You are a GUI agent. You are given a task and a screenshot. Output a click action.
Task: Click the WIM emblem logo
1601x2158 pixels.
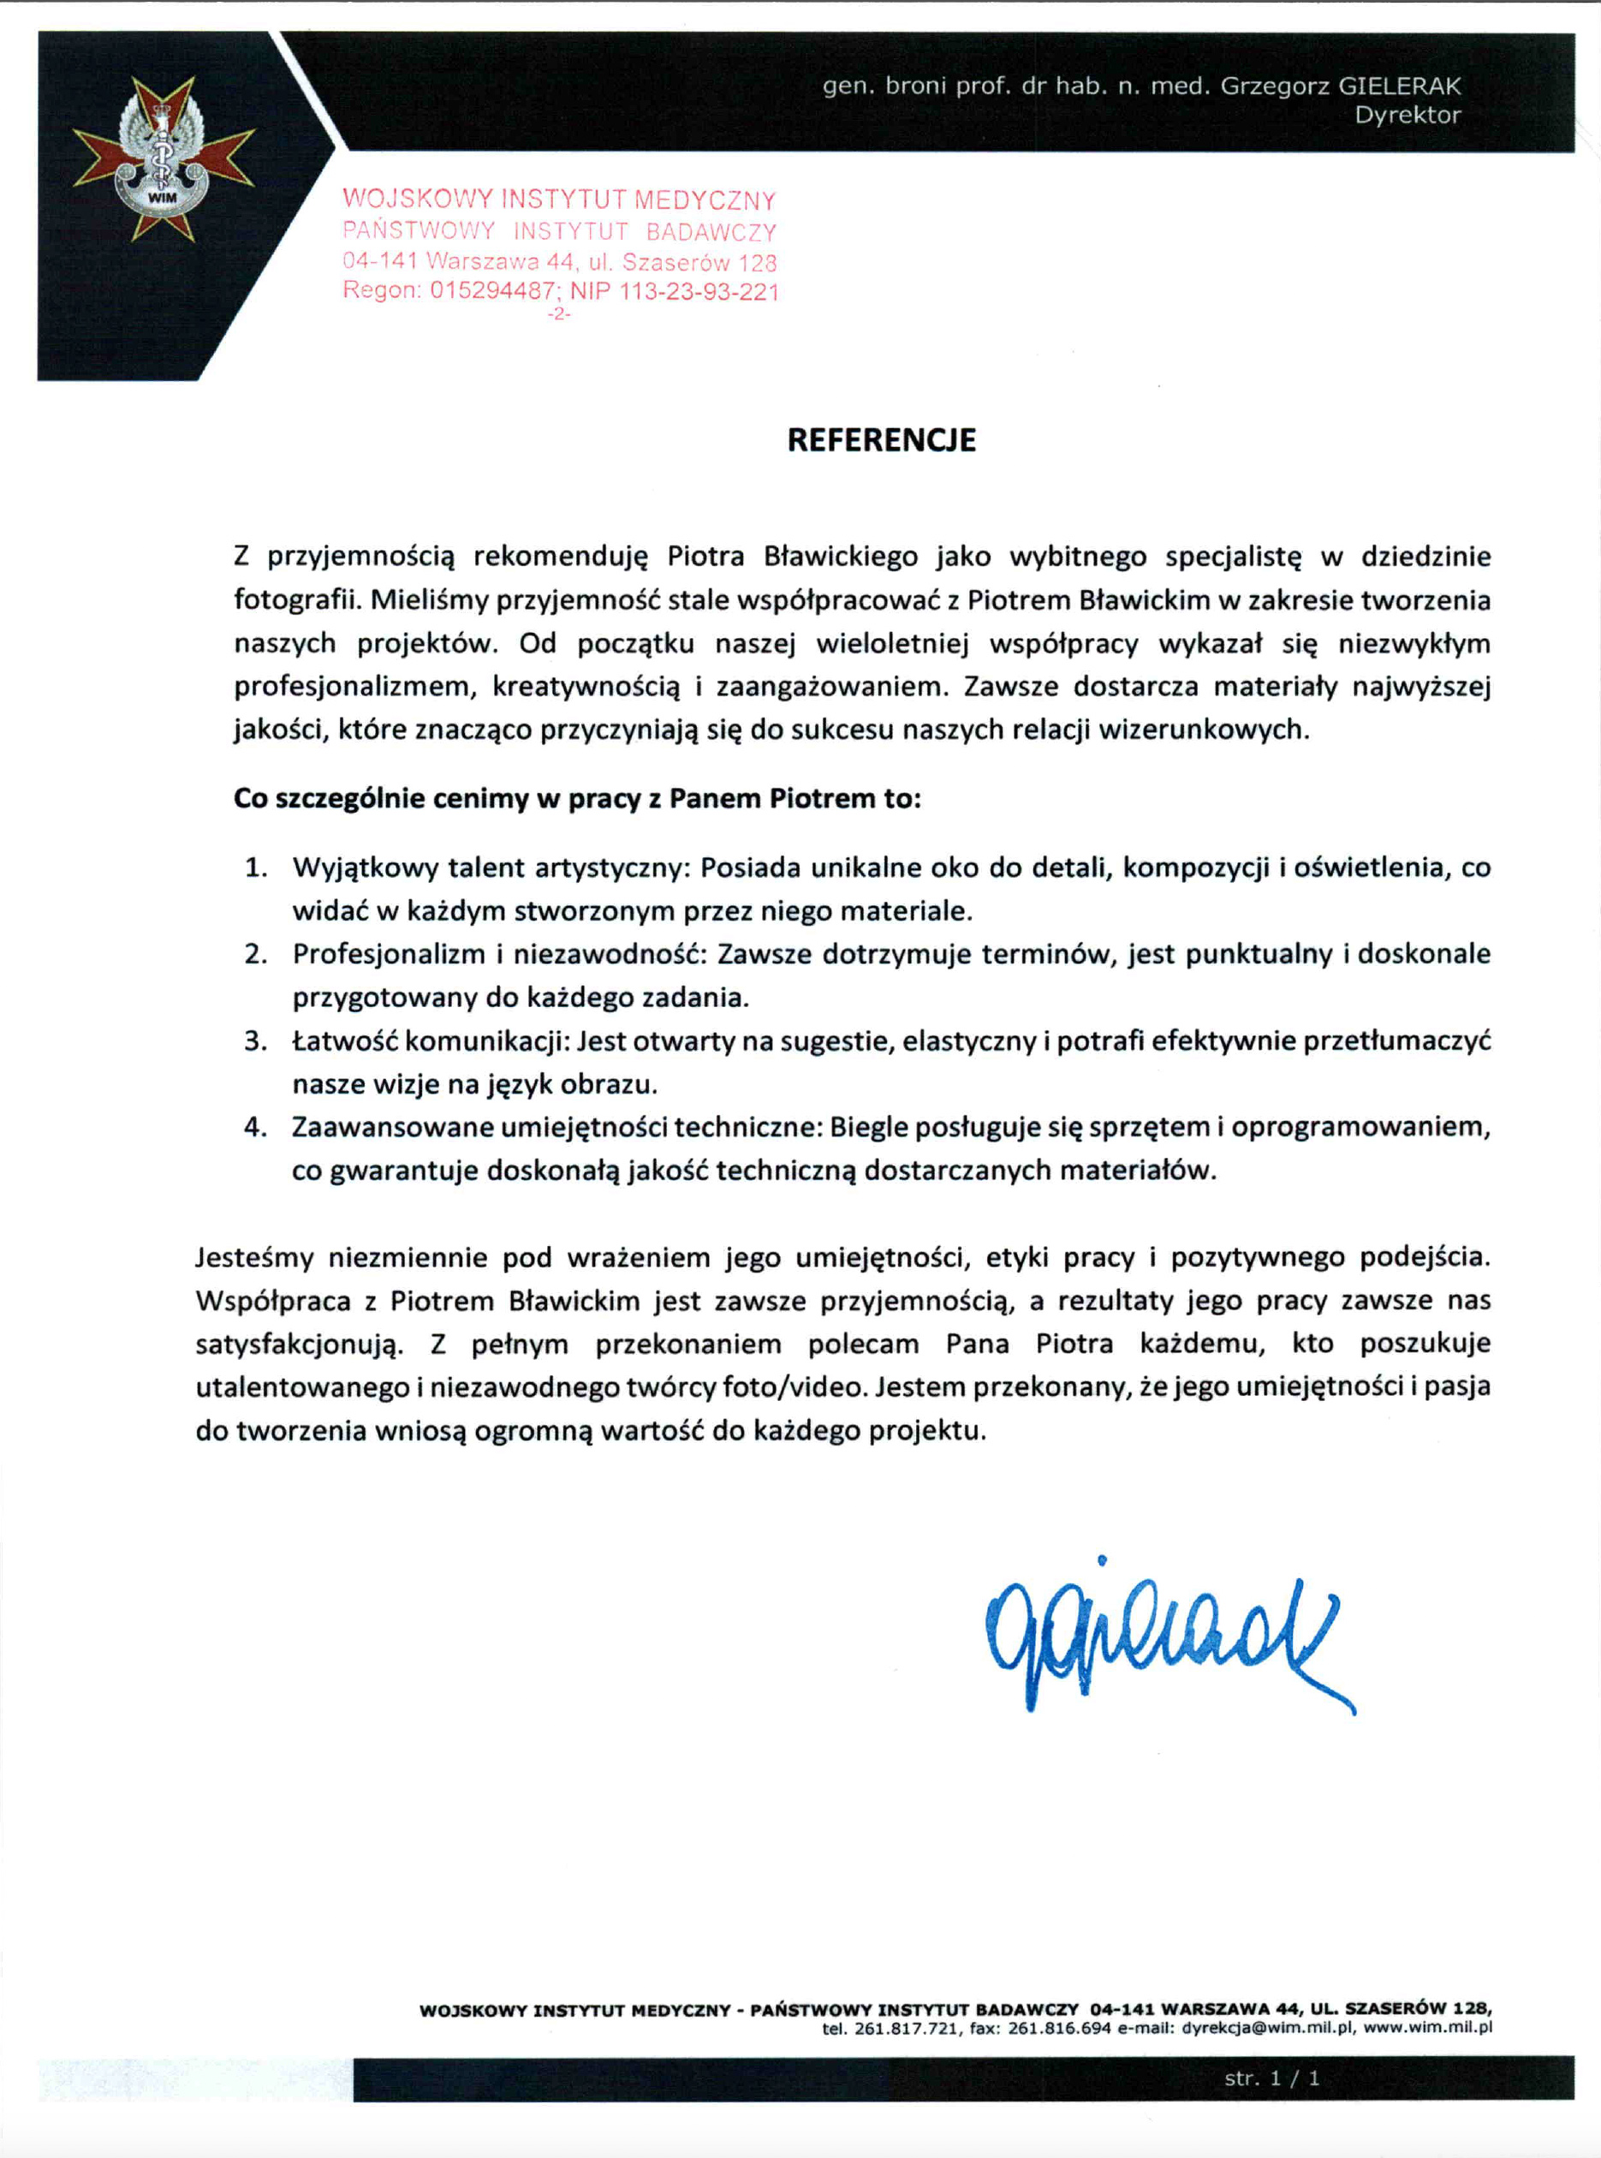163,161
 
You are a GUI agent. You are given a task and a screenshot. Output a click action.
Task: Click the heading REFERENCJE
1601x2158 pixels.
881,440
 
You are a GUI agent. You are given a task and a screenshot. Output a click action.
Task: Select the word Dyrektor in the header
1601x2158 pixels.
1408,116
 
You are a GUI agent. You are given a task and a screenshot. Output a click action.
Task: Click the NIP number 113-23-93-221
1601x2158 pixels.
699,291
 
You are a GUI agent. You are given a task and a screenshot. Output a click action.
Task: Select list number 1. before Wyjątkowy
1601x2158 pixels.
256,867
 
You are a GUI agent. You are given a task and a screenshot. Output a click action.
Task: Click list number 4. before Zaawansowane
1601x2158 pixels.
256,1128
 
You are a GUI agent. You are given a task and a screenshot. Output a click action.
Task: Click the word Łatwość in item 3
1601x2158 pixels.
343,1041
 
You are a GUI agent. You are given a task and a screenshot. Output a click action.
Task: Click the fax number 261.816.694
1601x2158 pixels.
1059,2027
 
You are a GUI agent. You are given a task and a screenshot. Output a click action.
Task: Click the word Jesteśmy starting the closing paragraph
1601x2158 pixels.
254,1258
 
